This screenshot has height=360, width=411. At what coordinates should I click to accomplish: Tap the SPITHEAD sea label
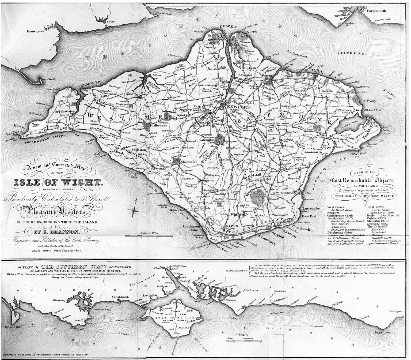point(347,54)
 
